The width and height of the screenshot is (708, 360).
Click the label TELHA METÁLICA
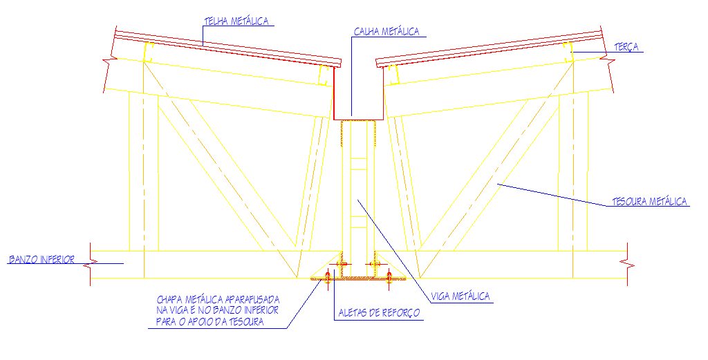click(236, 21)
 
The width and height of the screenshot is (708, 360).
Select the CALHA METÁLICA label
click(386, 32)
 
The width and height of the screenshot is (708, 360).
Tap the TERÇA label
click(626, 47)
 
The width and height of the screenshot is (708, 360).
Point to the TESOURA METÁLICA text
click(650, 202)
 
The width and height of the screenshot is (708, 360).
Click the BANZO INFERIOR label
click(41, 260)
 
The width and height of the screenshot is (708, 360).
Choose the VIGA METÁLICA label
click(460, 296)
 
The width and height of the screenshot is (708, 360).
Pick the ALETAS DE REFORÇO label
click(379, 313)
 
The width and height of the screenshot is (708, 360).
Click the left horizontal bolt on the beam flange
click(340, 264)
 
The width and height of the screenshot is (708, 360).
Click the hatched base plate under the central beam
click(358, 278)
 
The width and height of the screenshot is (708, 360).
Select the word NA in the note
click(162, 311)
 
